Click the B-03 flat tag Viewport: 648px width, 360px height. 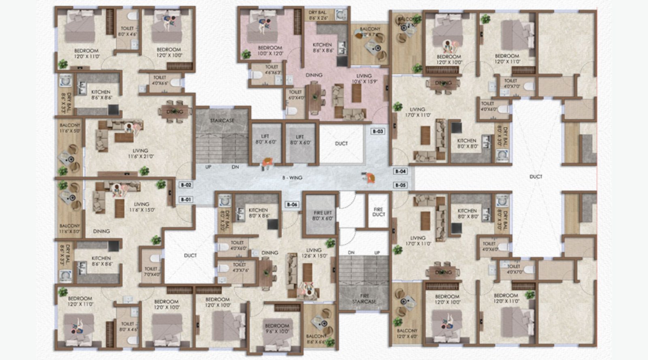(x=378, y=131)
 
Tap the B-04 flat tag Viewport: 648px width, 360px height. (x=401, y=171)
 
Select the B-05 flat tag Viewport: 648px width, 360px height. (x=401, y=185)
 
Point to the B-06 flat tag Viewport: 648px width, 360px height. (x=292, y=204)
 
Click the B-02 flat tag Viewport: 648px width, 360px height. (x=186, y=185)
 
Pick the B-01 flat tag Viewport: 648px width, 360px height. (x=186, y=199)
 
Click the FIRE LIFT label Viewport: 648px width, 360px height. (x=322, y=215)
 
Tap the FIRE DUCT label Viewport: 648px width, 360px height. (x=378, y=212)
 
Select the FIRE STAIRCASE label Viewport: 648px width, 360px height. (x=364, y=299)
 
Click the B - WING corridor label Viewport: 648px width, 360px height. (x=292, y=177)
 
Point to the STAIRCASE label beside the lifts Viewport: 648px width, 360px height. (x=222, y=121)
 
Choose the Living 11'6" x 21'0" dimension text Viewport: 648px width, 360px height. (x=140, y=156)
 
